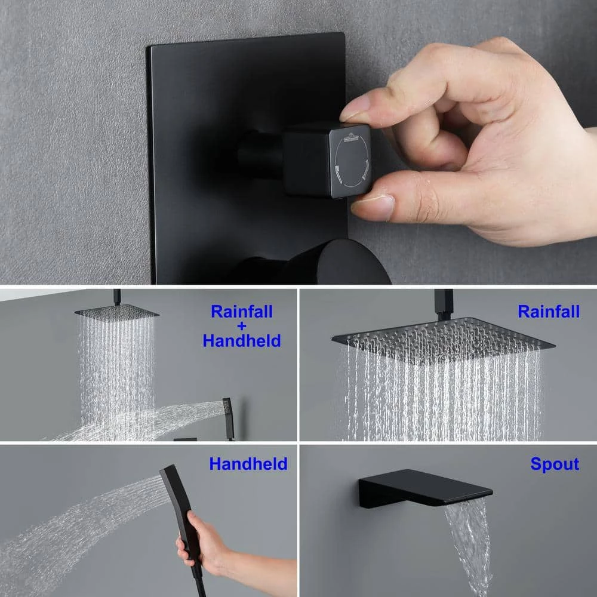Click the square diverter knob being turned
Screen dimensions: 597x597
(327, 160)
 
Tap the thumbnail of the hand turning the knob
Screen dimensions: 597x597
(373, 208)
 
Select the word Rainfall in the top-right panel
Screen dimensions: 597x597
(549, 312)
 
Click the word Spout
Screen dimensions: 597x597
(555, 464)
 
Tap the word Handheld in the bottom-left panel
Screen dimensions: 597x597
(248, 464)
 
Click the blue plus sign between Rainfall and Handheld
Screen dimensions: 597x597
(242, 327)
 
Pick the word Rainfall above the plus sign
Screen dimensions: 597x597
(242, 312)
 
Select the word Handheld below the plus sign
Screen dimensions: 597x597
(242, 340)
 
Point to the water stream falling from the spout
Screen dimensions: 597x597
(469, 544)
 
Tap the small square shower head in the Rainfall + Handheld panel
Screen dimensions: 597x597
(116, 313)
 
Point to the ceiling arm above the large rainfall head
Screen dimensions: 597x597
(444, 304)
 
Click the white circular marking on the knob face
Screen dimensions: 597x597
(352, 160)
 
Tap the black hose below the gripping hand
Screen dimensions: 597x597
(199, 583)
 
